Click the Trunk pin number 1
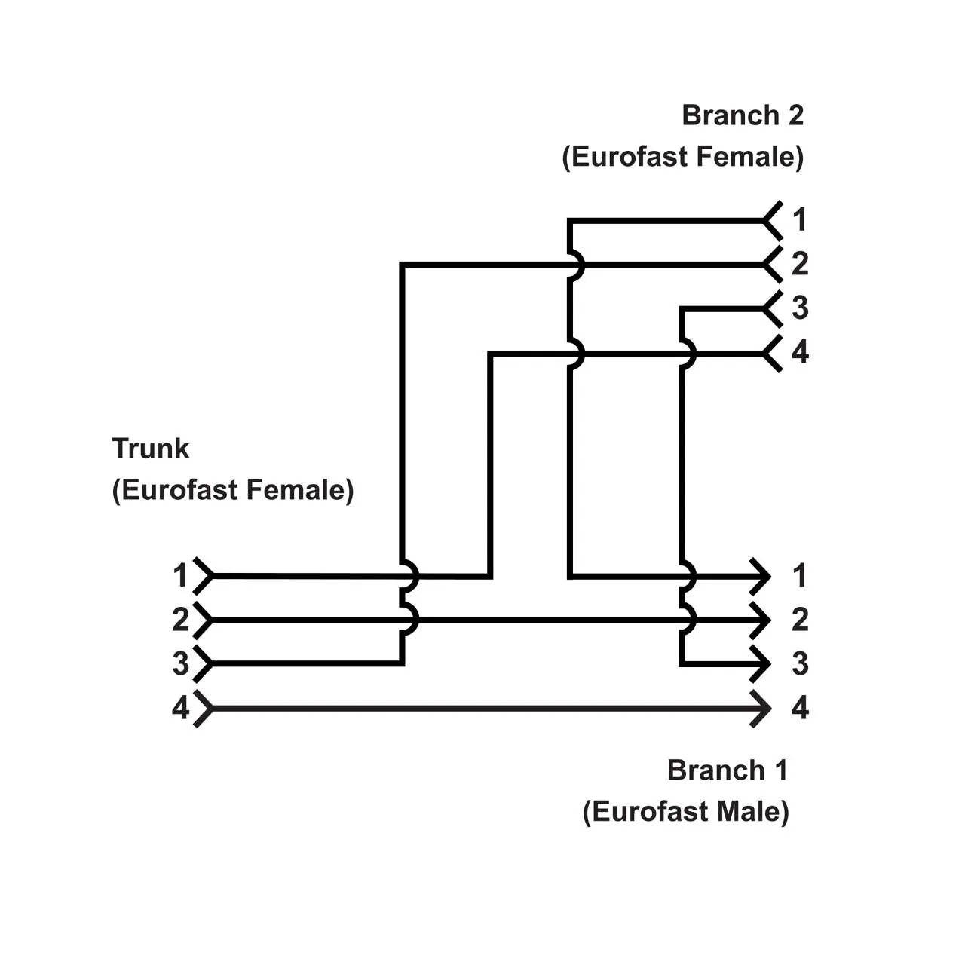tap(179, 576)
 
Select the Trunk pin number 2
tap(179, 620)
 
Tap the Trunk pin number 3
tap(179, 664)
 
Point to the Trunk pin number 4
tap(179, 709)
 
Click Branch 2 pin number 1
tap(799, 220)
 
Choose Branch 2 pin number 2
tap(799, 264)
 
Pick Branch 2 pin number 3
tap(799, 308)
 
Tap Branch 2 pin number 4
tap(799, 352)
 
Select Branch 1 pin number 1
tap(799, 576)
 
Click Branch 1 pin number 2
tap(799, 620)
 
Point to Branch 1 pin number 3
tap(799, 664)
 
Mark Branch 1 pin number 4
tap(799, 709)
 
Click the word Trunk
tap(150, 449)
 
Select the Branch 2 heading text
tap(742, 115)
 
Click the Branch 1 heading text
tap(727, 770)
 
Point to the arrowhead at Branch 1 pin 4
tap(761, 709)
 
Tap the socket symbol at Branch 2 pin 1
tap(773, 220)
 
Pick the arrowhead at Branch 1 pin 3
tap(761, 664)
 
